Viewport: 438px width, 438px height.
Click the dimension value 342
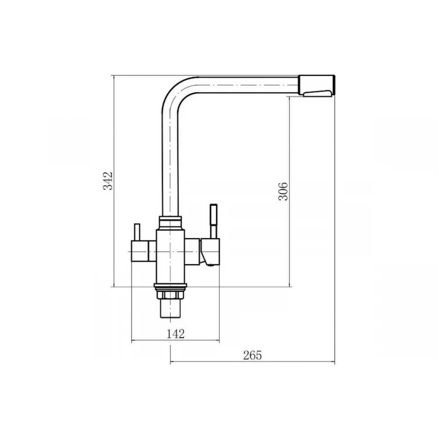108,181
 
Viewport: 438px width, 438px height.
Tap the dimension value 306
283,191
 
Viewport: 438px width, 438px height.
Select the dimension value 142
176,334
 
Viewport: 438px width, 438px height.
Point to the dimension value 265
253,355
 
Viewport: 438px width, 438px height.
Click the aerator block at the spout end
317,86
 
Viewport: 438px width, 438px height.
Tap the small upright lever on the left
137,232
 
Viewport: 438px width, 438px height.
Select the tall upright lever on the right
214,221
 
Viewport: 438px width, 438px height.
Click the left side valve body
144,252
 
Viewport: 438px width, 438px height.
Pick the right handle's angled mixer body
210,252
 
